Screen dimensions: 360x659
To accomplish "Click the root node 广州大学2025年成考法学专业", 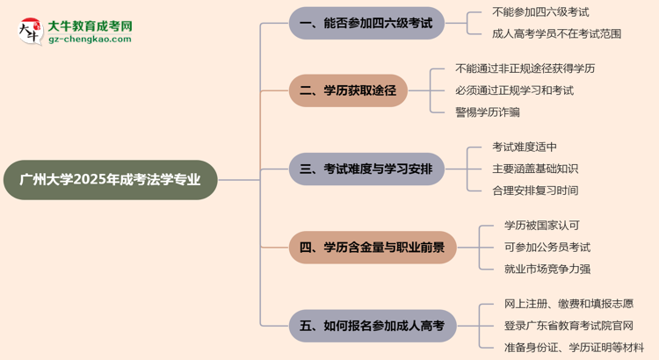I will click(109, 180).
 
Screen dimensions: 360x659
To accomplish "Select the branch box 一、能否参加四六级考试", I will click(366, 24).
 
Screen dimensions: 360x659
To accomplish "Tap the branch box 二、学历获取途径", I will click(348, 90).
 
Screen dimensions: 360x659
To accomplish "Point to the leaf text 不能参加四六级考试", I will click(540, 12).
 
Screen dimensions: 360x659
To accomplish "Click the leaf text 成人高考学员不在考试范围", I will click(558, 34).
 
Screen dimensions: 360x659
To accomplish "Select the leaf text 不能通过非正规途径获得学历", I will click(525, 68).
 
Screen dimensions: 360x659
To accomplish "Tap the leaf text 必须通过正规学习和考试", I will click(514, 90).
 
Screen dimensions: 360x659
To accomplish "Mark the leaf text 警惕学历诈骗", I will click(488, 112).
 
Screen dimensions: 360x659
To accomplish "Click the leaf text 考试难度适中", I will click(525, 148).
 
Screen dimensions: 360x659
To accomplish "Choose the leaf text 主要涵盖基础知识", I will click(535, 169).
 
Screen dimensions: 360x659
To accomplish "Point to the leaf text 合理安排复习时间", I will click(535, 191).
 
